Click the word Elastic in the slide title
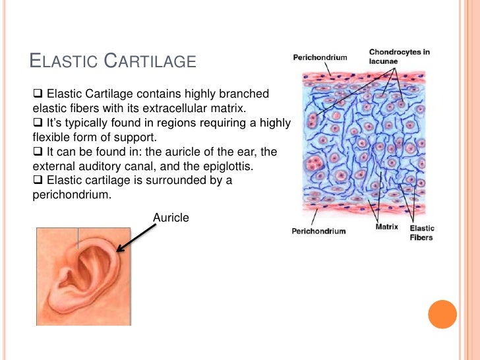[65, 62]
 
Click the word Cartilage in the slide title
[151, 62]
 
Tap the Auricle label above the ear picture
[171, 216]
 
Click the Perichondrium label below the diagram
[318, 231]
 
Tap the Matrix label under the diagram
[386, 227]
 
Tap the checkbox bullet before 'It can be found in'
[37, 152]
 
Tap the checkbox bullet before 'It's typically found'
[37, 123]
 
